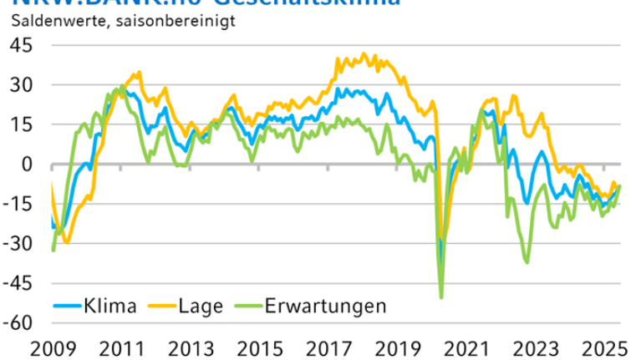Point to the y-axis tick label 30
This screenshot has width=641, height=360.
point(21,84)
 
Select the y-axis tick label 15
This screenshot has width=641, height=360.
point(21,124)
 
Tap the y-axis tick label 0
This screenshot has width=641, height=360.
point(27,164)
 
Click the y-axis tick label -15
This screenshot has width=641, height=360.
point(18,203)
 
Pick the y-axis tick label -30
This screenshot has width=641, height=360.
point(18,243)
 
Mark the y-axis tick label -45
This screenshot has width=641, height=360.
point(18,282)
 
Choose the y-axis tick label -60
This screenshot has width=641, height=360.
point(18,322)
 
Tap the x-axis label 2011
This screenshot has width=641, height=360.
point(120,347)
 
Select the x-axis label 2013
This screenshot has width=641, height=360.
point(189,347)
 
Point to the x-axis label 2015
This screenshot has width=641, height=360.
point(257,347)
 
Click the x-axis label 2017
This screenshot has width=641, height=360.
point(326,347)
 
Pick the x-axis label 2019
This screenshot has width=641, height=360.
point(394,347)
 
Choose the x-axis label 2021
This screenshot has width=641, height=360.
point(463,347)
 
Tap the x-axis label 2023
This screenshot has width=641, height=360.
point(532,347)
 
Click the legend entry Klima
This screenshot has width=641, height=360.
point(109,306)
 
